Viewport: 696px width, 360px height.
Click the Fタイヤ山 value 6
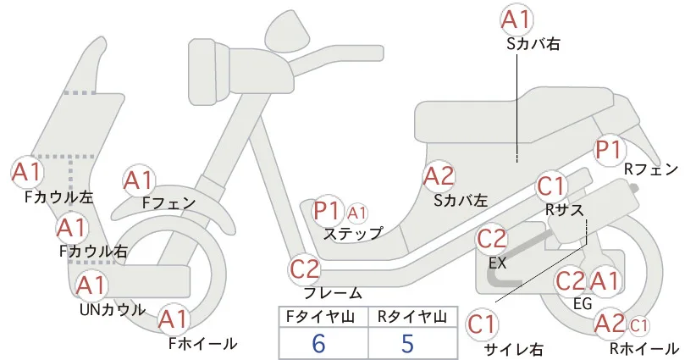pos(318,344)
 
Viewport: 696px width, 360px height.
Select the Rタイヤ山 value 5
pos(407,344)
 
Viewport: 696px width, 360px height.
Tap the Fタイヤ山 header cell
pos(323,317)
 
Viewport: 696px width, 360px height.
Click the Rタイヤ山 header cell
pos(413,317)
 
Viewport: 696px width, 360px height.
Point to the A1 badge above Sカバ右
pos(516,20)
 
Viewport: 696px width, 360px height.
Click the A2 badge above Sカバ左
pos(439,177)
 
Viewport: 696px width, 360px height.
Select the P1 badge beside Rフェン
pos(609,150)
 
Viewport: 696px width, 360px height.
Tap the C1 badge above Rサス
pos(551,187)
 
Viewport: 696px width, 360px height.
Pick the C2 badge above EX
pos(491,239)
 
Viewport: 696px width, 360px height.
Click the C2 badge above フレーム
pos(305,269)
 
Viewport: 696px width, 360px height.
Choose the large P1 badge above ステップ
pos(327,211)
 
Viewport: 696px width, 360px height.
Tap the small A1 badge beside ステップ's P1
pos(357,213)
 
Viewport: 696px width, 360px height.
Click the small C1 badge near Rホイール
pos(638,326)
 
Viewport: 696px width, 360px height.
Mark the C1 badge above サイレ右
pos(482,324)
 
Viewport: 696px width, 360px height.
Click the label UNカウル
pos(113,309)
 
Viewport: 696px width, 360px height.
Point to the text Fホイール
pos(203,343)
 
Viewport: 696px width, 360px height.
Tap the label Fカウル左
pos(59,197)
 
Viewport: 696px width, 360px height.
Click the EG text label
pos(583,303)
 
